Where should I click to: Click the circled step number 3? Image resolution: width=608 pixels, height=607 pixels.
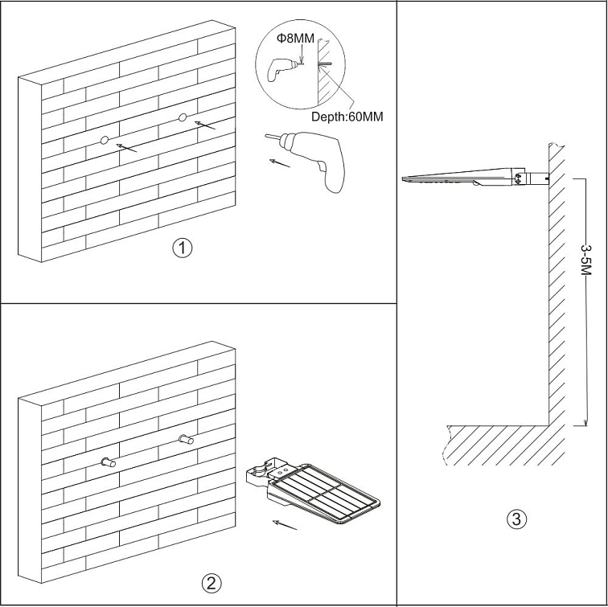coord(517,519)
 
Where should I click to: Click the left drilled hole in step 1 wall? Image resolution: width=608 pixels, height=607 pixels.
coord(104,141)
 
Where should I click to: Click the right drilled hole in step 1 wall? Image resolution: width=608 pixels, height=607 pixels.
coord(183,119)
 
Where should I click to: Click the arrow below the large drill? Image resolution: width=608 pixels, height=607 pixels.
coord(279,164)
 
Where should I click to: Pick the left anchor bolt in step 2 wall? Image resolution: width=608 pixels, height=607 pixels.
coord(107,461)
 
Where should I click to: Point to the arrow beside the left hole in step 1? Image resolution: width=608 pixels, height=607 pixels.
coord(127,147)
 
